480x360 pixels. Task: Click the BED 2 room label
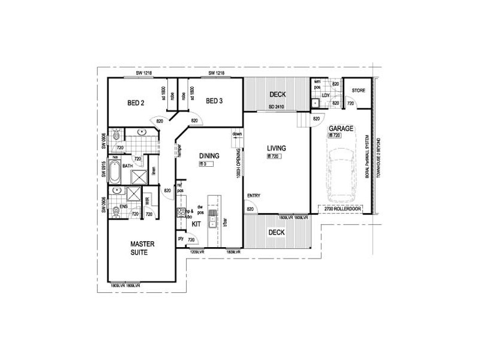[x=136, y=103]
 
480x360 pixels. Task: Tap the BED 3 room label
[x=214, y=101]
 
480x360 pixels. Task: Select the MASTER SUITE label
[x=143, y=248]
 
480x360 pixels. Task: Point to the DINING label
[x=209, y=156]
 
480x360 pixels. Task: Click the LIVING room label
[x=277, y=148]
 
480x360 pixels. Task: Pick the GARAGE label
[x=340, y=128]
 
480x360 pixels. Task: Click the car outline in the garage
[x=341, y=173]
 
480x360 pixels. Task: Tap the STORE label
[x=358, y=91]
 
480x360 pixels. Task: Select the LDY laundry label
[x=326, y=95]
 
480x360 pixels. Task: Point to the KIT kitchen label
[x=196, y=224]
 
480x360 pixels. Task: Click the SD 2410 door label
[x=277, y=107]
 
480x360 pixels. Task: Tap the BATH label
[x=127, y=166]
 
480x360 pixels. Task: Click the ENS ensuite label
[x=124, y=206]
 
